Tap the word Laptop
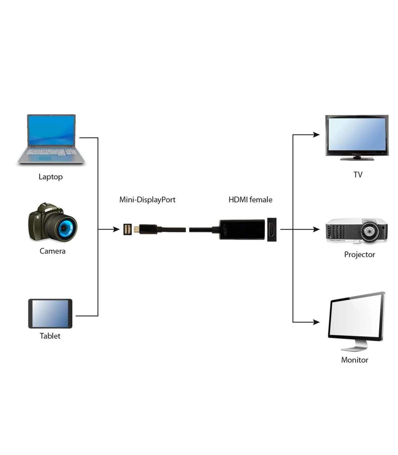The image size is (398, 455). [x=50, y=177]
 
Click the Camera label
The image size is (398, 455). [x=52, y=251]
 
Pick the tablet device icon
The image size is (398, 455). [x=50, y=313]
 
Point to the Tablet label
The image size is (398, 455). [x=50, y=336]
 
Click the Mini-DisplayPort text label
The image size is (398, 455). [x=147, y=200]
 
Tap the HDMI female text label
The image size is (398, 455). [x=250, y=200]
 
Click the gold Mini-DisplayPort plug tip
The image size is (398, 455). [x=136, y=229]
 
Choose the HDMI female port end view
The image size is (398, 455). [x=272, y=229]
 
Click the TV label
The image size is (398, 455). [x=358, y=175]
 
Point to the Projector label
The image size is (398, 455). [x=360, y=255]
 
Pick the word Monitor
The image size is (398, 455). [x=355, y=360]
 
